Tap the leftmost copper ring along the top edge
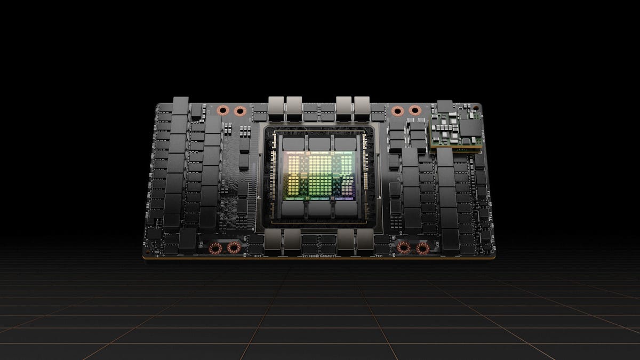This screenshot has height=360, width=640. pyautogui.click(x=223, y=111)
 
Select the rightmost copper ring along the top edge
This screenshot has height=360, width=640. pyautogui.click(x=414, y=111)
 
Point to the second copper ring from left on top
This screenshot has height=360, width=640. pyautogui.click(x=239, y=111)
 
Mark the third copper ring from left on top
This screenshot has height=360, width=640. pyautogui.click(x=397, y=111)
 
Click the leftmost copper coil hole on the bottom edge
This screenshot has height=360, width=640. pyautogui.click(x=215, y=248)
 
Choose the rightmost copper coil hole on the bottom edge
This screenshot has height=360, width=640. pyautogui.click(x=423, y=248)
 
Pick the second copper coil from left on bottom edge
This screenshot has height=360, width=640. pyautogui.click(x=233, y=248)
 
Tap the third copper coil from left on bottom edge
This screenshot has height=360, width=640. pyautogui.click(x=404, y=248)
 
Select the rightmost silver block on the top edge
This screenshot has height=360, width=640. pyautogui.click(x=362, y=106)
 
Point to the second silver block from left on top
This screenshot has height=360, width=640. pyautogui.click(x=294, y=106)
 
